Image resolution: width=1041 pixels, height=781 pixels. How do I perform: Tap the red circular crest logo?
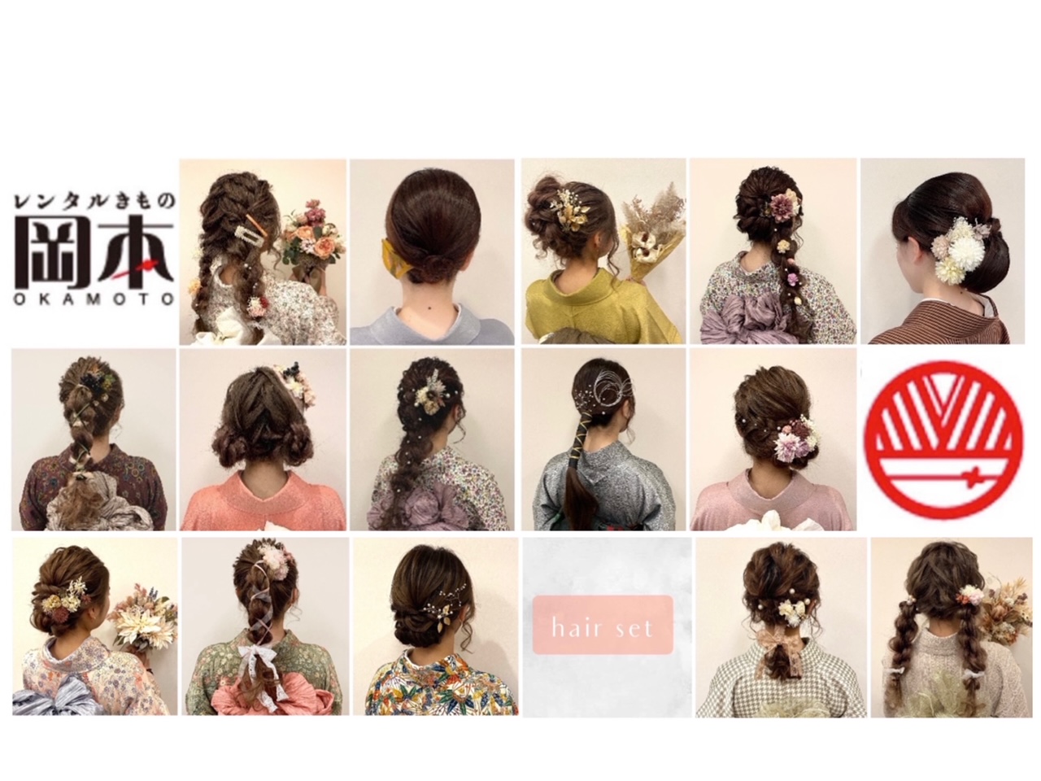pos(943,439)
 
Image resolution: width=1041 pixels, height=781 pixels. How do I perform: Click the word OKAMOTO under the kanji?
pos(93,299)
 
